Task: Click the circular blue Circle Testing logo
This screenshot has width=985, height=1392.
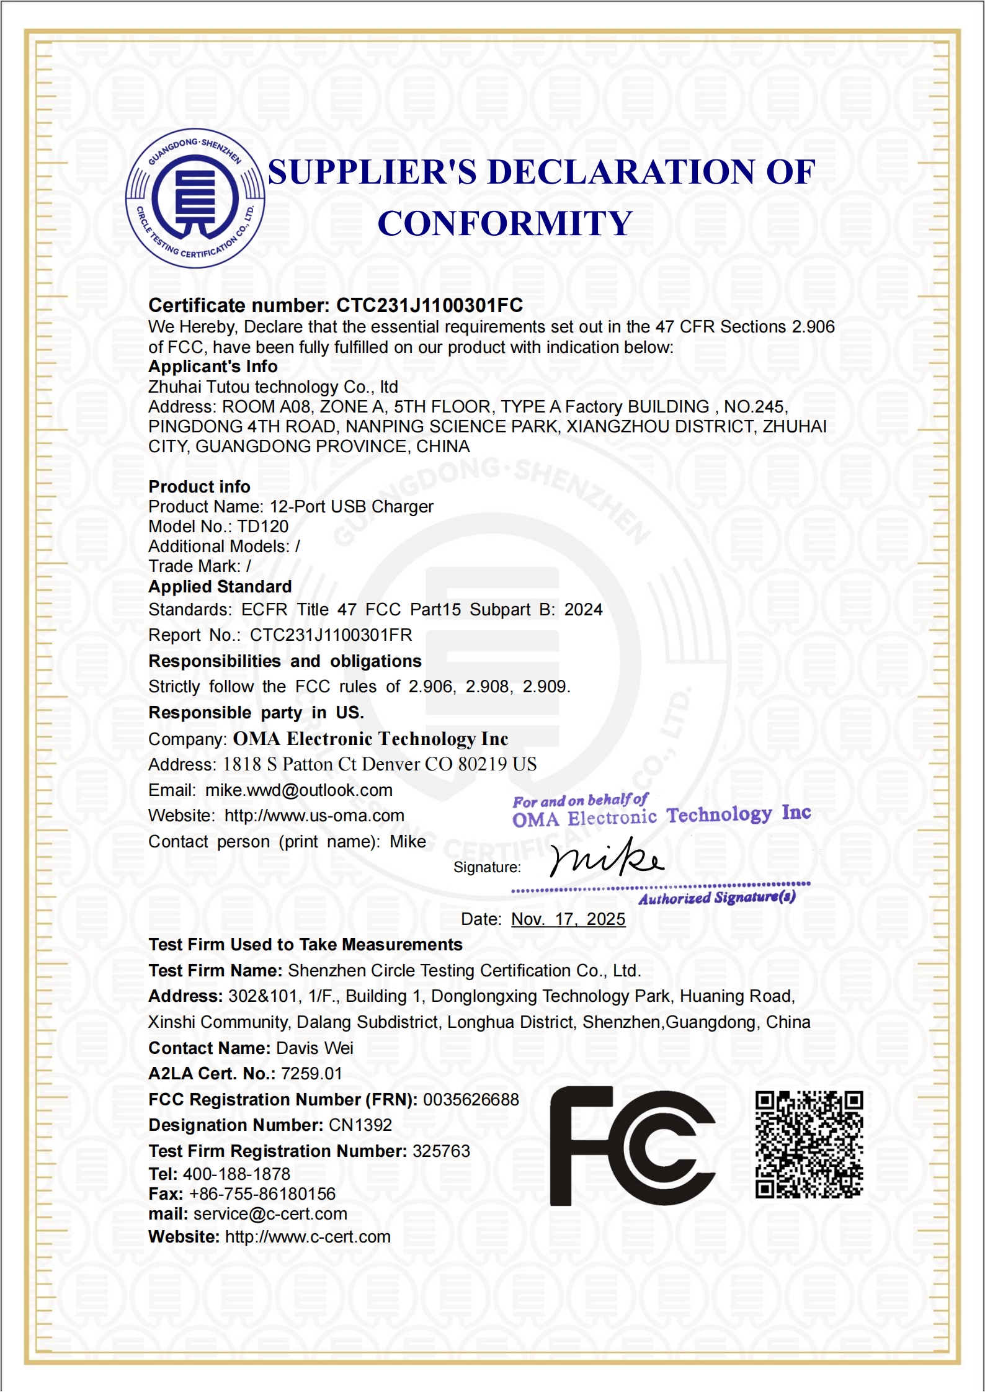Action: point(195,199)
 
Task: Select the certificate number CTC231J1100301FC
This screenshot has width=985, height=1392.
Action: point(429,305)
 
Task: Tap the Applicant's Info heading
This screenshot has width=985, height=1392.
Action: point(213,367)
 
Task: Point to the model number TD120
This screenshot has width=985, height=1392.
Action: point(263,527)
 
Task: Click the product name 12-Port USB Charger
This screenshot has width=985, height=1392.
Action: point(352,507)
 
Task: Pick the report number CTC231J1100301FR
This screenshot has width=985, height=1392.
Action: point(331,635)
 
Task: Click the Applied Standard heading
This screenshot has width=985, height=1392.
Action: point(220,587)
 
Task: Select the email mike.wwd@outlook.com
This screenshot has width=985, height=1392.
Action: point(299,790)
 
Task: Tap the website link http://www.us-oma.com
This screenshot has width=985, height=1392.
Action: point(314,816)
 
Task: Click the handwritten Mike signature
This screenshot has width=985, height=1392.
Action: point(606,859)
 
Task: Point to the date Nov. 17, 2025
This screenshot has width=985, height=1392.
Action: point(568,919)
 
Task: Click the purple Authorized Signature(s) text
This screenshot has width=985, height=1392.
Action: point(716,898)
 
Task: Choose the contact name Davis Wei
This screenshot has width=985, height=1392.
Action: point(314,1048)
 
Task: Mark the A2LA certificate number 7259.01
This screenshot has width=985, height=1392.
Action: point(311,1074)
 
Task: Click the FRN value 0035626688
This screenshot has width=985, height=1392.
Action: point(471,1100)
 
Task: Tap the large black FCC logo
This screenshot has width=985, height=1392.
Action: point(632,1146)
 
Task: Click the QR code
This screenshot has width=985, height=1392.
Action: point(809,1144)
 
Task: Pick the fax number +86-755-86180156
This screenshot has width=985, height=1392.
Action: point(262,1194)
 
